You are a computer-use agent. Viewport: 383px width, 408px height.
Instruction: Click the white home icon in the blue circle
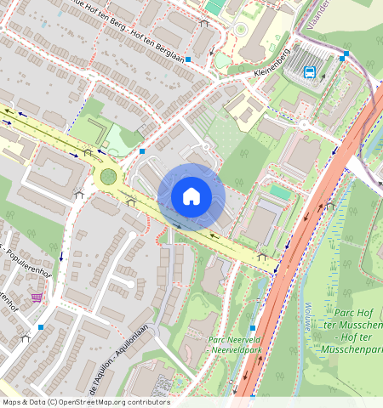coord(191,196)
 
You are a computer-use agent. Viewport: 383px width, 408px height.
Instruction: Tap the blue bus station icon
coord(310,72)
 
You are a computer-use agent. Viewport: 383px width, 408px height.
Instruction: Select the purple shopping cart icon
coord(37,297)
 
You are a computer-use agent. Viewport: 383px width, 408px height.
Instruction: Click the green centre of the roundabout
coord(108,177)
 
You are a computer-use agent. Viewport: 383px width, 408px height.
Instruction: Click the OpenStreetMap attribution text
coord(85,402)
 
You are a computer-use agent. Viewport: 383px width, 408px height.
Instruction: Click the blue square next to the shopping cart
coord(41,326)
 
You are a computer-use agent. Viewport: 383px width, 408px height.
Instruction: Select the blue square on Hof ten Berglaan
coord(188,61)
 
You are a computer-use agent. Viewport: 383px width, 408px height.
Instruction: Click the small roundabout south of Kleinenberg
coord(303,125)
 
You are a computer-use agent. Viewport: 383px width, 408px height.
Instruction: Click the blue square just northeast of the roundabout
coord(142,151)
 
